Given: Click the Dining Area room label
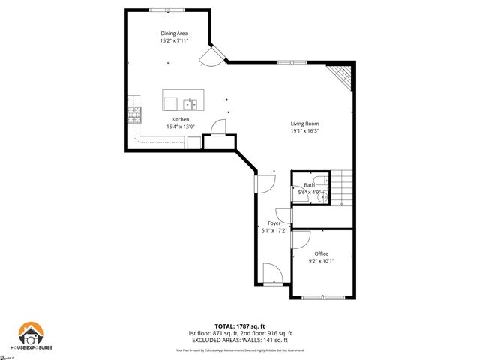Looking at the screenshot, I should tap(173, 34).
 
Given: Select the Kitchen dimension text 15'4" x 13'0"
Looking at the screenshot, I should tap(181, 127).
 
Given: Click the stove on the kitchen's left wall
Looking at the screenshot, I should tap(134, 114).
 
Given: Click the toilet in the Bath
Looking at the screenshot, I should tap(321, 179).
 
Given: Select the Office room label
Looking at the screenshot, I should tap(322, 253).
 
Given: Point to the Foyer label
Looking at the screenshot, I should tap(274, 223).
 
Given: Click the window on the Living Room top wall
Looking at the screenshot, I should tap(285, 61).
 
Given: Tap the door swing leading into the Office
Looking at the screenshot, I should tap(301, 239).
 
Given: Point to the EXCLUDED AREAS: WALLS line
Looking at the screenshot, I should tap(239, 340).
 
